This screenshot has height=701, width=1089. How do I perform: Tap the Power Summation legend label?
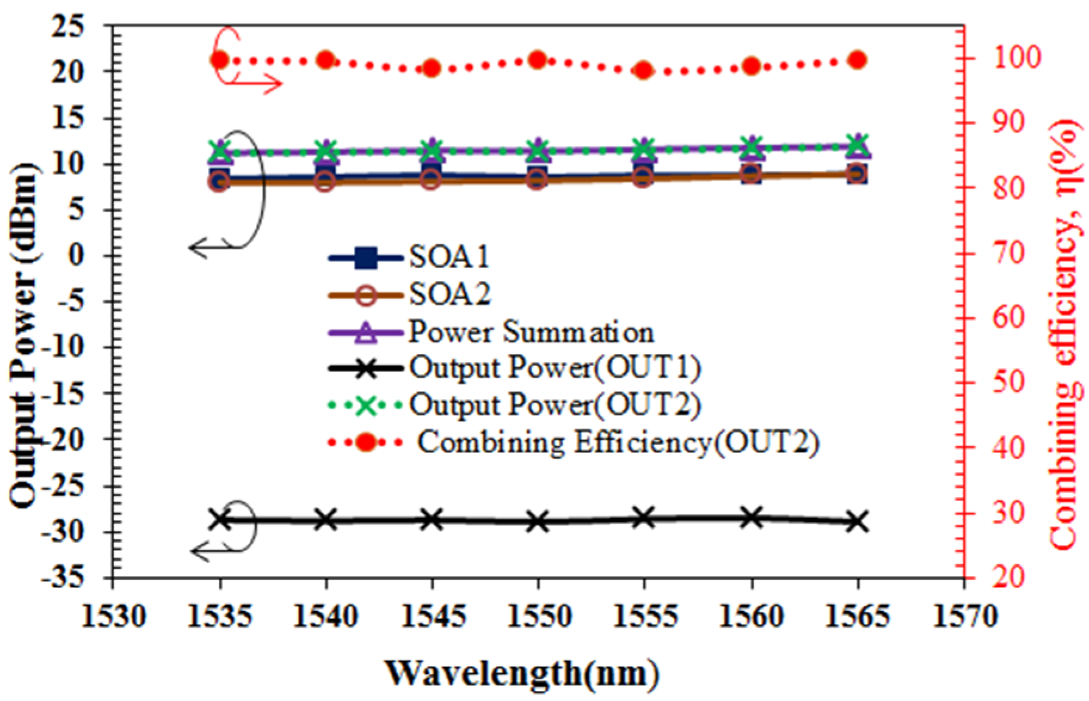pos(530,333)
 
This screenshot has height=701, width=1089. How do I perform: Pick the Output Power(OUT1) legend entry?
pos(554,368)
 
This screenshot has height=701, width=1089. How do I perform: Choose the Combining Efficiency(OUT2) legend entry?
pos(618,442)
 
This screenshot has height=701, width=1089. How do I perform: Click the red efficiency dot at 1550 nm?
pos(538,60)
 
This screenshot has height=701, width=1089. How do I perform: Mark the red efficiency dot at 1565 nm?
pos(857,60)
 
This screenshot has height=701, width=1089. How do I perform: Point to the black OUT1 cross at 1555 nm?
pos(643,518)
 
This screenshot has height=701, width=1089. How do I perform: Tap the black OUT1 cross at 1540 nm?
pos(326,520)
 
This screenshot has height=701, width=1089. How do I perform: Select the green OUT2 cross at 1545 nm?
pos(431,148)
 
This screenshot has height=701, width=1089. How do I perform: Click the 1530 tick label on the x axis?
pos(113,616)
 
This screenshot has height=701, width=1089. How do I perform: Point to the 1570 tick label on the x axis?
pos(964,616)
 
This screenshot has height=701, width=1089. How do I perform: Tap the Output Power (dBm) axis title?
pos(24,334)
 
